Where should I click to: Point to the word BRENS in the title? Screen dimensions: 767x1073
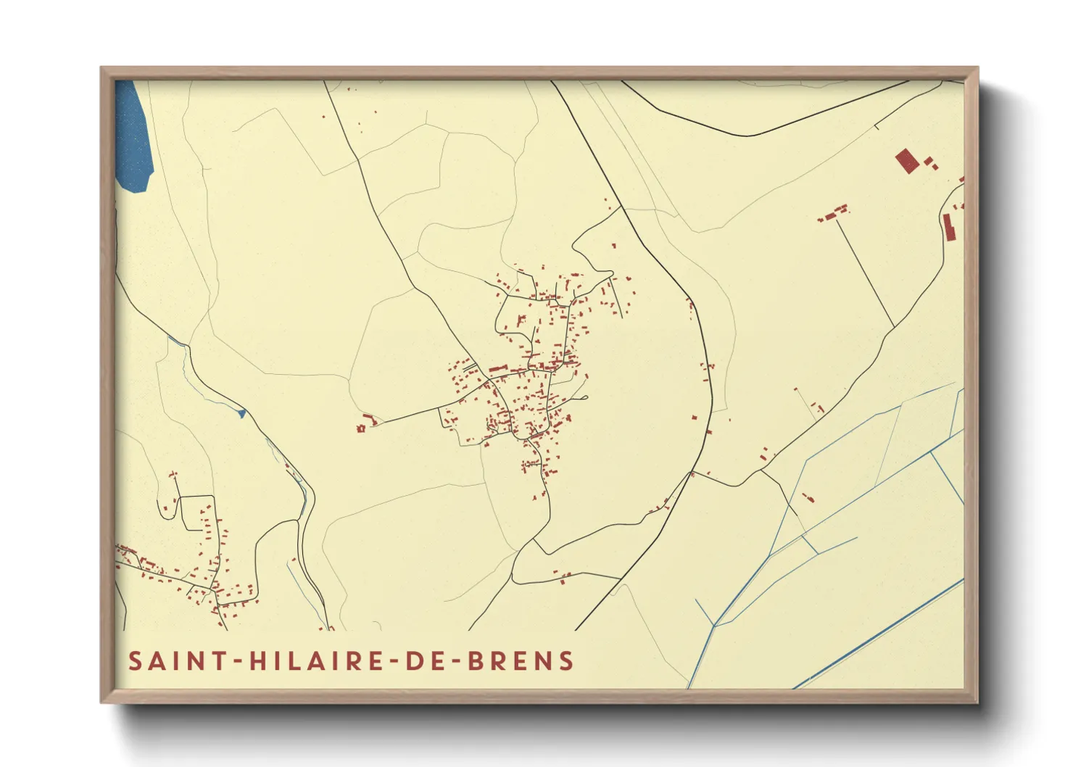[x=519, y=661]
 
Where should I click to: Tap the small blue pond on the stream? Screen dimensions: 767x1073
[x=242, y=413]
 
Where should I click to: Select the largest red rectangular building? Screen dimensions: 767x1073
[x=904, y=160]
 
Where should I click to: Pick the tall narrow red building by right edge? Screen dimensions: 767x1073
[x=948, y=227]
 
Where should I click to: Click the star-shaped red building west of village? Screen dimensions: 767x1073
[x=360, y=428]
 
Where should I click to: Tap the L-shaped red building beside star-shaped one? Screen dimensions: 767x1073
[x=370, y=419]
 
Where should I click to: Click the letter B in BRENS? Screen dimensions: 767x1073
[x=474, y=661]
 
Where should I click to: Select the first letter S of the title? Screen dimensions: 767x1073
[x=136, y=661]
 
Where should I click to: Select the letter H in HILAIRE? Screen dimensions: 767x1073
[x=257, y=661]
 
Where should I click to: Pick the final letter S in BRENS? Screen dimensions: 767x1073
[x=566, y=661]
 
